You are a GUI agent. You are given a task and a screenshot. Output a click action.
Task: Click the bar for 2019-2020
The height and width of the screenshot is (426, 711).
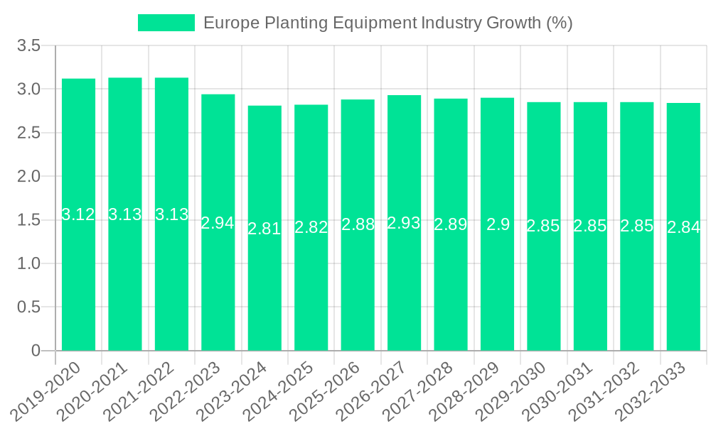pyautogui.click(x=78, y=284)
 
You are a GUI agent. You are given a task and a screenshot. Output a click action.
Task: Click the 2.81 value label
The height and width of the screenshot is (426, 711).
pyautogui.click(x=264, y=229)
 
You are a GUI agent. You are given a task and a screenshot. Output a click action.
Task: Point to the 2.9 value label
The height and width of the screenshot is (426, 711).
pyautogui.click(x=498, y=224)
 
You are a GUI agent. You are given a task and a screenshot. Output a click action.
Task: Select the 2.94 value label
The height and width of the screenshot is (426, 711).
pyautogui.click(x=218, y=223)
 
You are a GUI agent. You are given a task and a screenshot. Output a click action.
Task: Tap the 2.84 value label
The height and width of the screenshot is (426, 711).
pyautogui.click(x=683, y=227)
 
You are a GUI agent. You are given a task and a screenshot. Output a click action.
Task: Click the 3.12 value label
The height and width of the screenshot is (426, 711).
pyautogui.click(x=78, y=214)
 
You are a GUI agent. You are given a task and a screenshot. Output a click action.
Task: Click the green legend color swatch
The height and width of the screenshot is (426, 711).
pyautogui.click(x=166, y=23)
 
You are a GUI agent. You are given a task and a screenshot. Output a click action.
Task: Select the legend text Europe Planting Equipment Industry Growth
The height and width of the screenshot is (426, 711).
pyautogui.click(x=387, y=23)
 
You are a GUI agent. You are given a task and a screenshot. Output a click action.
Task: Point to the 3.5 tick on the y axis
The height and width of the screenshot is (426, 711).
pyautogui.click(x=29, y=45)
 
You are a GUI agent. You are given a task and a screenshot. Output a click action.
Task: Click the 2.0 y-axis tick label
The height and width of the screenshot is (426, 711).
pyautogui.click(x=29, y=176)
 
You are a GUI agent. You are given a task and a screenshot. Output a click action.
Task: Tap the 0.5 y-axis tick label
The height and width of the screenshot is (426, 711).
pyautogui.click(x=29, y=307)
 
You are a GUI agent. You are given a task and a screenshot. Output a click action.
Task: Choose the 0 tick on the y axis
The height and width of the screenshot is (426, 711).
pyautogui.click(x=36, y=351)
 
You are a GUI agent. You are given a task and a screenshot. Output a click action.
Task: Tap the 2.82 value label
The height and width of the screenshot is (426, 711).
pyautogui.click(x=311, y=227)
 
